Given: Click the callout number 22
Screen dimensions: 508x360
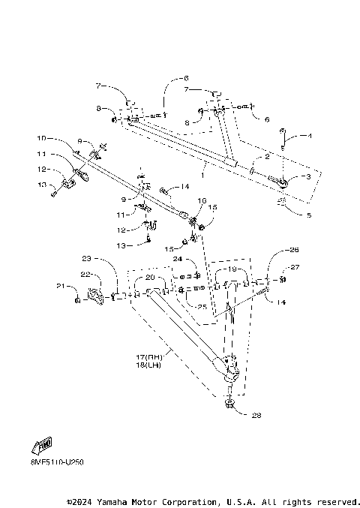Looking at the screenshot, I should pyautogui.click(x=85, y=275).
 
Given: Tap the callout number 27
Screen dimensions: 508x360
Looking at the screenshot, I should pyautogui.click(x=295, y=266).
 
